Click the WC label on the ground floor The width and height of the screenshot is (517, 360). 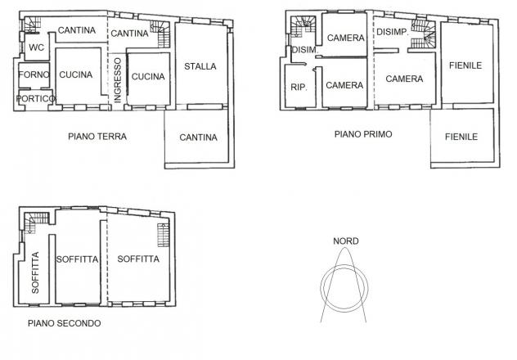tap(36, 47)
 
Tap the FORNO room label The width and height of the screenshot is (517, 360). tap(34, 74)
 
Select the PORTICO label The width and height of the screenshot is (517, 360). tap(36, 98)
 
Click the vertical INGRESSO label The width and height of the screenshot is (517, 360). tap(118, 80)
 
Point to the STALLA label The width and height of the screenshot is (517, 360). tap(200, 66)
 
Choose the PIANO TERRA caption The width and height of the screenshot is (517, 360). tap(97, 137)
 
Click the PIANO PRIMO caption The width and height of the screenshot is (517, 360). tap(363, 134)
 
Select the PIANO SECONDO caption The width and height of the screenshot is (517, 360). tap(65, 323)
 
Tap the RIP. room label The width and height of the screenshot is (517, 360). tap(299, 88)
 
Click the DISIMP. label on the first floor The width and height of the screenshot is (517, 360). tap(393, 32)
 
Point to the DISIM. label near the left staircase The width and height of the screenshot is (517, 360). tap(305, 50)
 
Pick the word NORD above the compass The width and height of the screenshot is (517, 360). tap(345, 241)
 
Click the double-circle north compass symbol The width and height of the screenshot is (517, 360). tap(344, 265)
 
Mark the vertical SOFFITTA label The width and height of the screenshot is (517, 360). tap(35, 272)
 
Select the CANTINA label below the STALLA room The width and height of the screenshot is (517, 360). tap(198, 137)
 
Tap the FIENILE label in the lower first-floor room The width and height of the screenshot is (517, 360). tap(461, 137)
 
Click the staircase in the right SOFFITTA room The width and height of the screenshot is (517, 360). tap(164, 235)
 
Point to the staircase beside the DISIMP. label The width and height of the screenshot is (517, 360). tap(424, 34)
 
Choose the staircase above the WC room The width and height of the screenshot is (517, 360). tap(32, 25)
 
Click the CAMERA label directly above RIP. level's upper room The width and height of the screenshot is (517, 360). tap(345, 38)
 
